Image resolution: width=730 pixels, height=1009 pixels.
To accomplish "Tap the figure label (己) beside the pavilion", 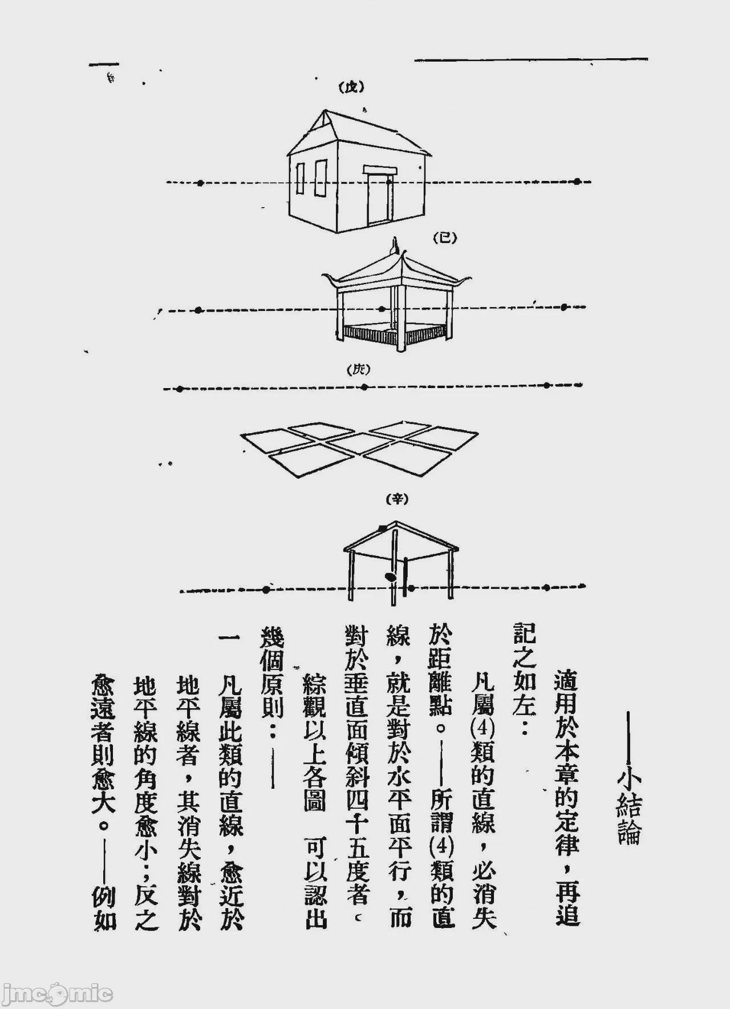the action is tap(445, 239).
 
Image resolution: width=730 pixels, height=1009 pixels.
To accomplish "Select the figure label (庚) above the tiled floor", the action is tap(359, 369).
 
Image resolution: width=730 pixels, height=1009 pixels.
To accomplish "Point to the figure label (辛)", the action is tap(398, 500).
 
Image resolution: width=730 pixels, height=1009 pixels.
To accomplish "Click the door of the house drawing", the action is tap(379, 198).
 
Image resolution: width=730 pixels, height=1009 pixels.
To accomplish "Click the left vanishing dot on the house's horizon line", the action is tap(200, 183).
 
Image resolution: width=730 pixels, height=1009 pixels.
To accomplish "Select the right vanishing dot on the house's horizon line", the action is tap(577, 181).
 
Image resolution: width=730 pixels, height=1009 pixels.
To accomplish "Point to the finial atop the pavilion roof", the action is tap(393, 249).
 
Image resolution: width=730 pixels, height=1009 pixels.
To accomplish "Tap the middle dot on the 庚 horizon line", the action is tap(364, 388).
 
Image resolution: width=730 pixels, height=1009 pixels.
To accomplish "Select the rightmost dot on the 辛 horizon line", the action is tap(546, 587).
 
